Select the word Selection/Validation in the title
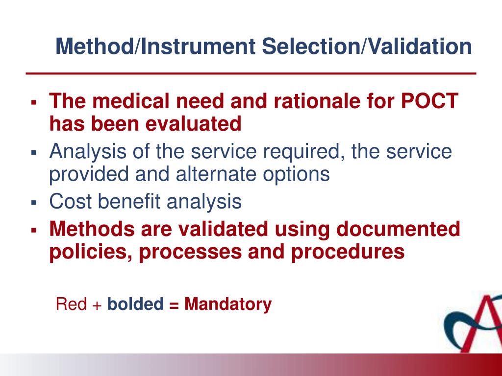367,47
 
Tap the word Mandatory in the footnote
227,304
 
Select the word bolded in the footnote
135,304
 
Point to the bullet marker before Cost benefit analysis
34,202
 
